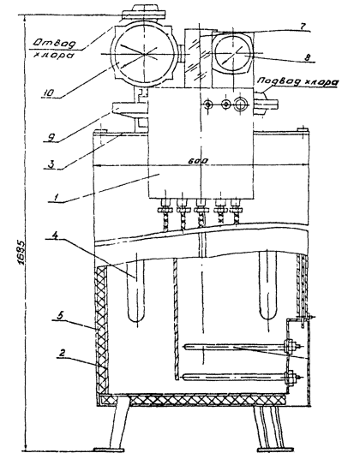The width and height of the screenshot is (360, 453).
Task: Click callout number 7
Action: point(303,26)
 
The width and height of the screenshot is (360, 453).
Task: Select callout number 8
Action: point(308,57)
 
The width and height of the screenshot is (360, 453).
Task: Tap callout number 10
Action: point(49,92)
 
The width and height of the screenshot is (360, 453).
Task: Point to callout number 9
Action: point(51,137)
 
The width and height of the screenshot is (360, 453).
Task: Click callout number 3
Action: point(51,164)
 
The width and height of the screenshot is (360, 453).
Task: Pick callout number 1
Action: point(55,197)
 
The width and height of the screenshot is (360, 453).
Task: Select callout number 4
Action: point(55,235)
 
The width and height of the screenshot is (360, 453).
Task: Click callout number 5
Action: point(60,315)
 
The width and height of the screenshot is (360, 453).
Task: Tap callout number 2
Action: point(63,353)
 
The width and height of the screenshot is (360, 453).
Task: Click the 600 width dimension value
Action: point(198,161)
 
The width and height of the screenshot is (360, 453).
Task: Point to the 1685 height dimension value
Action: point(22,253)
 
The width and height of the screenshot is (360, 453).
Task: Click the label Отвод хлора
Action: point(54,49)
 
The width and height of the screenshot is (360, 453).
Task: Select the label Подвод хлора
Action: point(297,81)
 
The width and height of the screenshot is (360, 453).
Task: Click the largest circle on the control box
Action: point(241,104)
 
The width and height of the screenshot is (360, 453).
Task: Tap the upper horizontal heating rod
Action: point(243,346)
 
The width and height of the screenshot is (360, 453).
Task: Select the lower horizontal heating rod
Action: point(243,377)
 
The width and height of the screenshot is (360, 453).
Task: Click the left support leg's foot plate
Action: point(109,450)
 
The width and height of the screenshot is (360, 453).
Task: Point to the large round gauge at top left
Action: point(144,54)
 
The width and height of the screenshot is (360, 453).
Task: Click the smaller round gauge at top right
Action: point(233,53)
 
